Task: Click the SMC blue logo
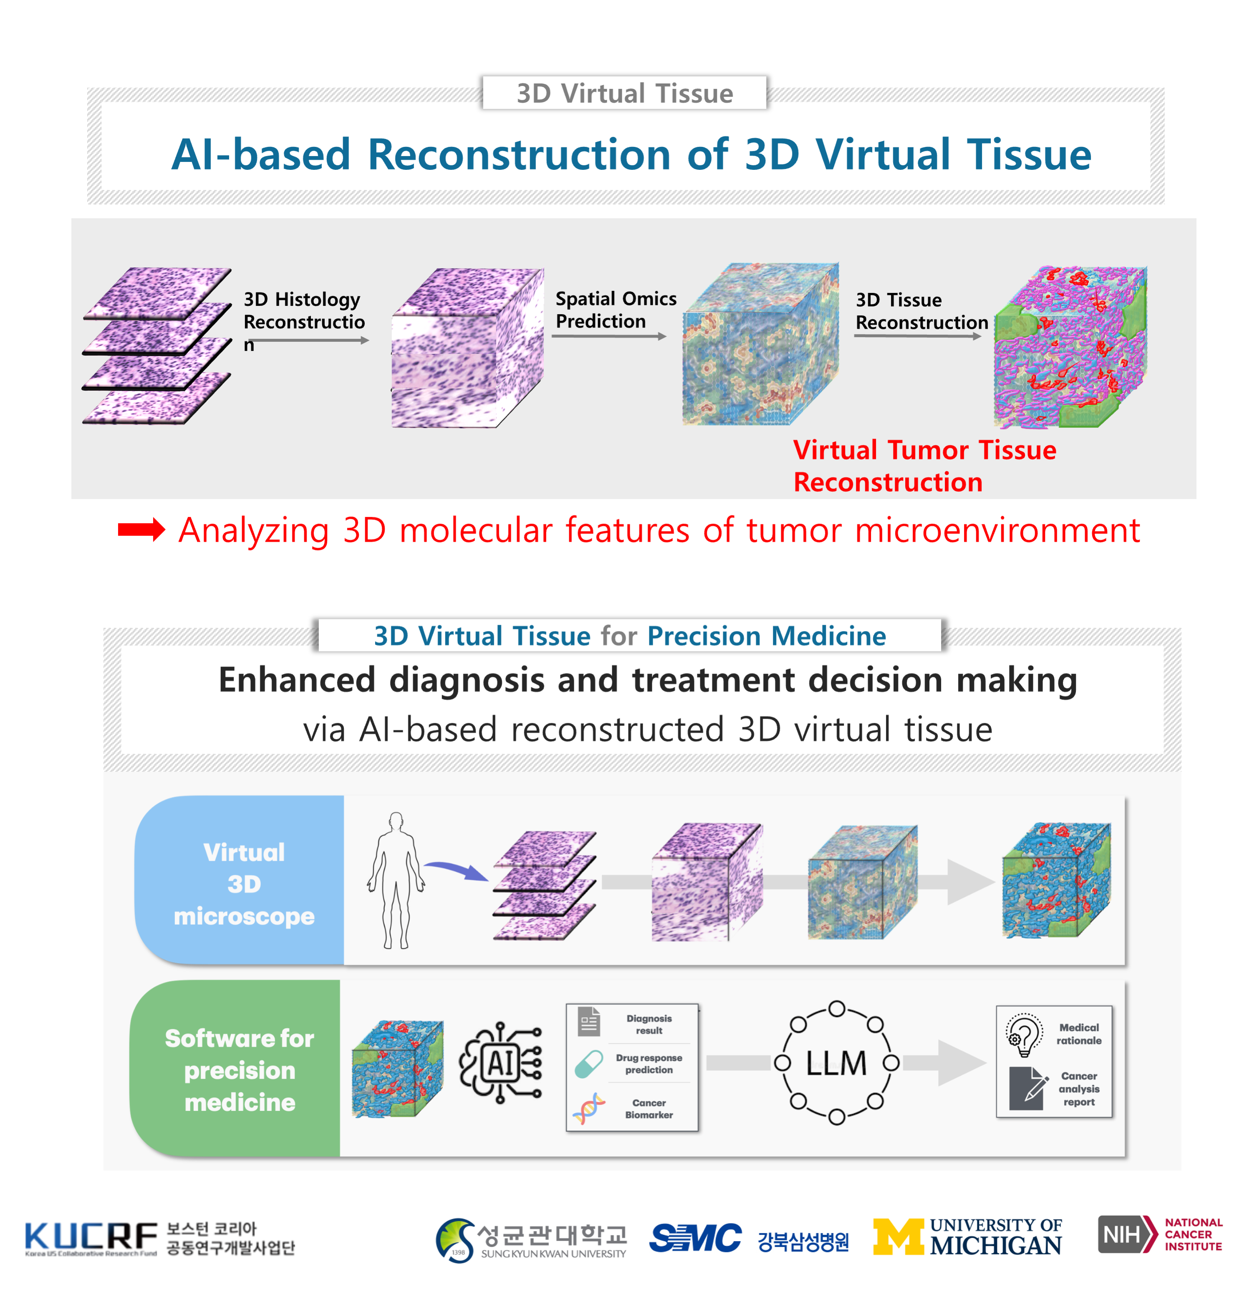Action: (x=695, y=1237)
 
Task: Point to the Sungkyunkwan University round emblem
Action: (x=455, y=1240)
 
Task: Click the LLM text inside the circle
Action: (x=836, y=1063)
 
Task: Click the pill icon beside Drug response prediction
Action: (x=588, y=1063)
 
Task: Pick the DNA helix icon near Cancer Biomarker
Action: (x=588, y=1108)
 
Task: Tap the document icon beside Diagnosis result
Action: (x=588, y=1022)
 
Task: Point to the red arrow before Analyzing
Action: (x=141, y=530)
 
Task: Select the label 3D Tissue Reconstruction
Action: (x=921, y=311)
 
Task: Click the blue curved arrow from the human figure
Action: (x=456, y=869)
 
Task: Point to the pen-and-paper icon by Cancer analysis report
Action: (x=1027, y=1088)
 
